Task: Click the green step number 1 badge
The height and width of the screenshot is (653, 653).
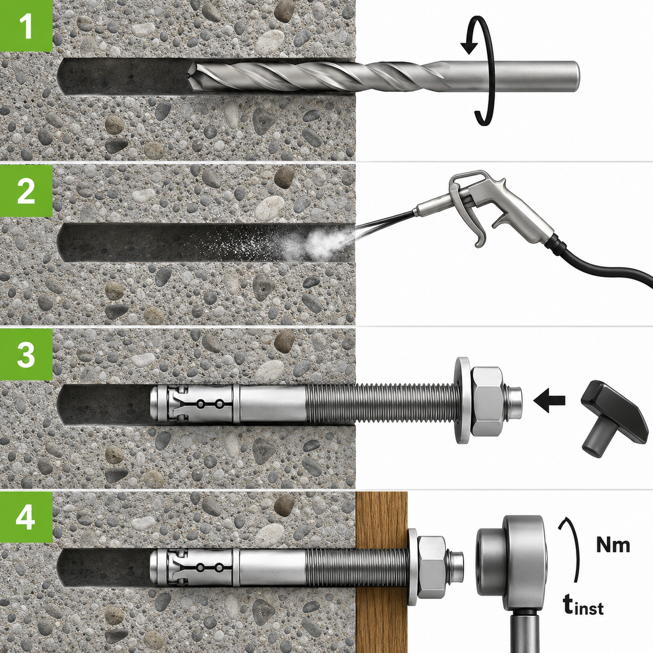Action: [26, 26]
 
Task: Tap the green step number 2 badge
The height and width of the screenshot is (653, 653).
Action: [26, 191]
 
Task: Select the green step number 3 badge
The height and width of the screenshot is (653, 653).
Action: [26, 355]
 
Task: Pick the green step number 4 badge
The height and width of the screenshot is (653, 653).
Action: [26, 518]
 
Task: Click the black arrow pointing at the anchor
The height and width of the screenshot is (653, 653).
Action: [549, 400]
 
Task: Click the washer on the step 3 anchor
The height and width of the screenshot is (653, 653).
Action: [461, 400]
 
